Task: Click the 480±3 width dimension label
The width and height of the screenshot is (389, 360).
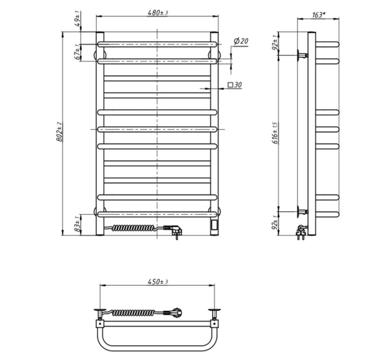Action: click(x=158, y=13)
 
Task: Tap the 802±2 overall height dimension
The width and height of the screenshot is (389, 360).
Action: click(x=59, y=131)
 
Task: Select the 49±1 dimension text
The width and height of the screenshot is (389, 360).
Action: click(x=78, y=21)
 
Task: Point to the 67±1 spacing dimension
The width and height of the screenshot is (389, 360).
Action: click(x=78, y=52)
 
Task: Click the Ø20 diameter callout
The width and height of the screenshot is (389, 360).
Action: click(x=241, y=41)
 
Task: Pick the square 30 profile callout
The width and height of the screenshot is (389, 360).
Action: click(x=235, y=85)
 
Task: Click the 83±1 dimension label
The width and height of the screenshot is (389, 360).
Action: click(x=78, y=224)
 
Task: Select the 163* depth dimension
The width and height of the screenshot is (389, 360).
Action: click(x=318, y=15)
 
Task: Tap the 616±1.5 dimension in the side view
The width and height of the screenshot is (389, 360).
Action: click(x=275, y=133)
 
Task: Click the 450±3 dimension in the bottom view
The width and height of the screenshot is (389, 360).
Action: click(x=158, y=282)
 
